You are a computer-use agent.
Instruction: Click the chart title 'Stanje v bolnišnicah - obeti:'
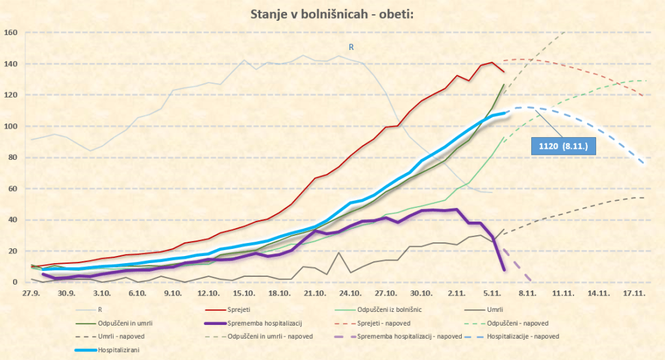click(332, 14)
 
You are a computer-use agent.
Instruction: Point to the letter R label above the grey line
click(351, 47)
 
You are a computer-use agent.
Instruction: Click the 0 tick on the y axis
click(14, 282)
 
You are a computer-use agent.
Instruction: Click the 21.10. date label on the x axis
click(315, 293)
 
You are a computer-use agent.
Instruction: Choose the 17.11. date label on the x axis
click(634, 293)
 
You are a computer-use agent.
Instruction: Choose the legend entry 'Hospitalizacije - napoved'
click(521, 336)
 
